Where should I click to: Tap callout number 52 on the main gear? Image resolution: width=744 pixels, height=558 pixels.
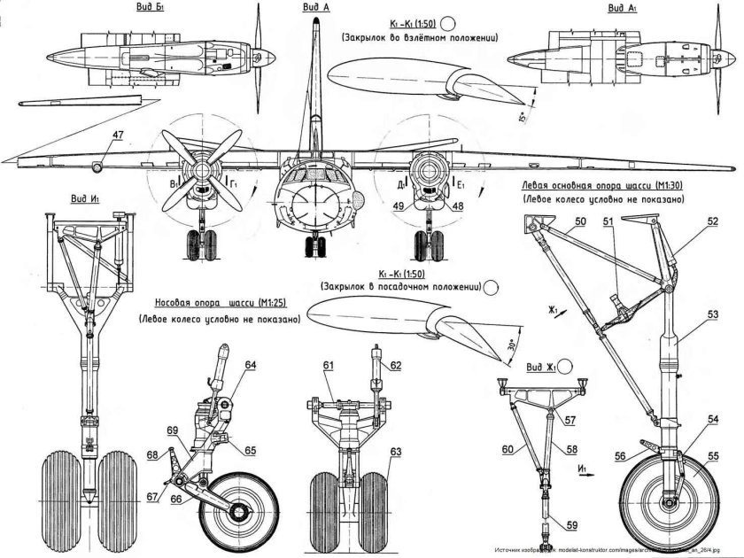click(713, 222)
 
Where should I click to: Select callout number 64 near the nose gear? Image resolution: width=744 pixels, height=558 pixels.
click(251, 365)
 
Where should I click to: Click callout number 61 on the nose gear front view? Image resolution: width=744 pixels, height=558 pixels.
click(329, 365)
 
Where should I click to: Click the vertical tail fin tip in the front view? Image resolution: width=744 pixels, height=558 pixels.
click(314, 23)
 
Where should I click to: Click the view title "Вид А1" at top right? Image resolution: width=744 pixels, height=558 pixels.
click(623, 8)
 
